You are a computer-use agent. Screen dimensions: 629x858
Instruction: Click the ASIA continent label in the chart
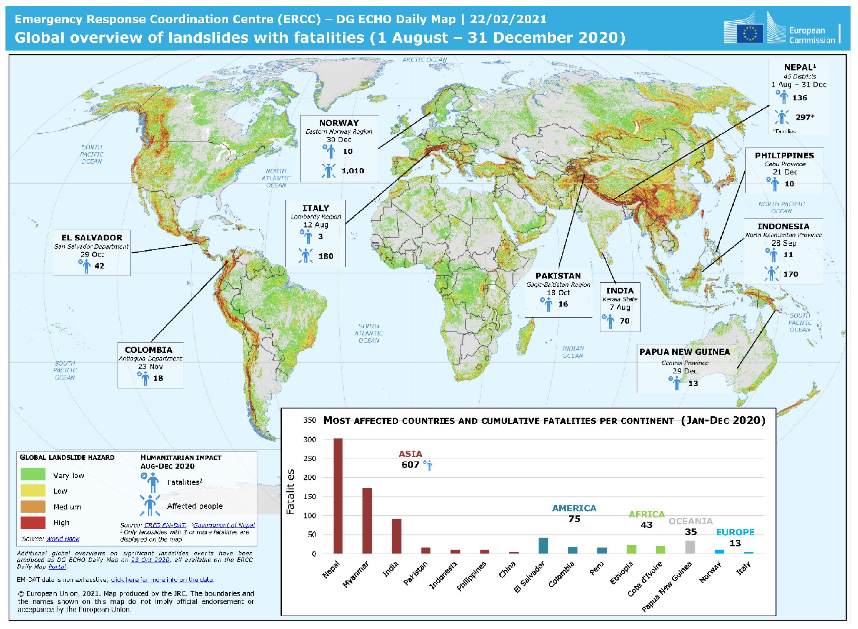pyautogui.click(x=410, y=454)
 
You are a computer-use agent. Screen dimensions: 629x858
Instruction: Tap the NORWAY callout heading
pyautogui.click(x=339, y=123)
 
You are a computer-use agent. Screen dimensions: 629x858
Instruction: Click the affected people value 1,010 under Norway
pyautogui.click(x=353, y=171)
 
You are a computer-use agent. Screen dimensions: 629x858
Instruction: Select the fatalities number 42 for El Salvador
pyautogui.click(x=99, y=266)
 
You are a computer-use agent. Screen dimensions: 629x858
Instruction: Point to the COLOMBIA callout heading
pyautogui.click(x=148, y=350)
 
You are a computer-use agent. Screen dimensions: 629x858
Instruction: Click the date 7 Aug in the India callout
pyautogui.click(x=620, y=307)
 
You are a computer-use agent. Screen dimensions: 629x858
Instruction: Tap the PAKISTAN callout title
pyautogui.click(x=558, y=276)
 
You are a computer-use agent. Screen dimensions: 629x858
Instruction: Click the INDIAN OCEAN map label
pyautogui.click(x=573, y=352)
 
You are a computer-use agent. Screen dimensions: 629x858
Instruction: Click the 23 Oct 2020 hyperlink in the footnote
pyautogui.click(x=150, y=560)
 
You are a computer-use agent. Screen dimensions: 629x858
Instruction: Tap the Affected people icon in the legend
pyautogui.click(x=150, y=505)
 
